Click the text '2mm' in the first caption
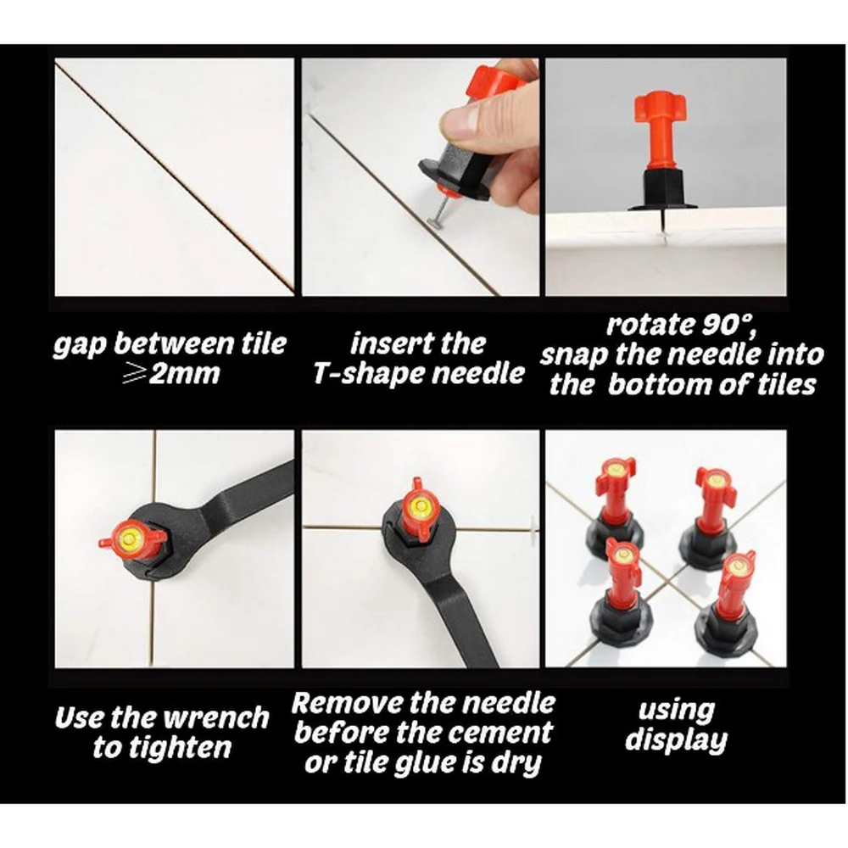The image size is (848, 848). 185,373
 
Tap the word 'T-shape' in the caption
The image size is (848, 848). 367,374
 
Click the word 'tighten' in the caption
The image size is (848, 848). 162,749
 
